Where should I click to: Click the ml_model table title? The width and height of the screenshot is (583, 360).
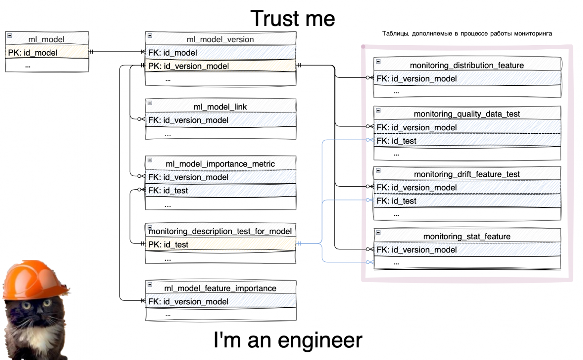[x=46, y=39]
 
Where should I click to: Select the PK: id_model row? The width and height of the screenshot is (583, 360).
[x=33, y=53]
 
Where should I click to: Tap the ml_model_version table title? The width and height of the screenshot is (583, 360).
[x=220, y=39]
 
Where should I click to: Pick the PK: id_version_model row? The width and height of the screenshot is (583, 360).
[x=188, y=66]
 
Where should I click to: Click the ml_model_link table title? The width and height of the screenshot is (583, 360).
[x=220, y=107]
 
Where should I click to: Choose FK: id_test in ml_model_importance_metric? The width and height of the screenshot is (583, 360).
[x=168, y=190]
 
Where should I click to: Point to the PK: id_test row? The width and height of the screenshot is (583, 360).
[x=168, y=245]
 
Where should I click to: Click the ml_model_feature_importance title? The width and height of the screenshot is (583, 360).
[x=220, y=288]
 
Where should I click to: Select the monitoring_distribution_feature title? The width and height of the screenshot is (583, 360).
[x=467, y=65]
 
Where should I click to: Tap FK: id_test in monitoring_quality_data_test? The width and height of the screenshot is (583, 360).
[x=397, y=141]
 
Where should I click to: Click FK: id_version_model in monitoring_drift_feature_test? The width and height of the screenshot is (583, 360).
[x=417, y=187]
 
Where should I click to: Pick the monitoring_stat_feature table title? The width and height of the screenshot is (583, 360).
[x=467, y=236]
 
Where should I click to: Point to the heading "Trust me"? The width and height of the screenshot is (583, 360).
[x=293, y=19]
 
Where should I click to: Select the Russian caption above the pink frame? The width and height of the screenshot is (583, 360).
[x=467, y=34]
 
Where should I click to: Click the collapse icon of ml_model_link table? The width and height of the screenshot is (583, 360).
[x=150, y=103]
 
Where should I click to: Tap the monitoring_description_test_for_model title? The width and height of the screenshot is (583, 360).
[x=220, y=231]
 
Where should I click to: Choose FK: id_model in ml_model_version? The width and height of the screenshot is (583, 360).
[x=173, y=53]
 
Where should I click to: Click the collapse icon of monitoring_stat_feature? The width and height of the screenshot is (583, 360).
[x=378, y=233]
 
